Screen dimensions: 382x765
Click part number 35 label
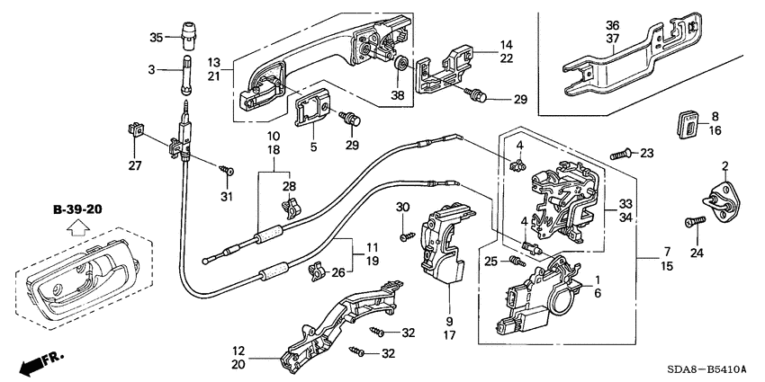click(155, 38)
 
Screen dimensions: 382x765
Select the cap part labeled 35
click(189, 35)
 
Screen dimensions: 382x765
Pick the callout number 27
click(136, 164)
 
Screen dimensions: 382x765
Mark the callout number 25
click(490, 262)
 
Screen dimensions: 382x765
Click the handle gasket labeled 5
click(312, 116)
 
